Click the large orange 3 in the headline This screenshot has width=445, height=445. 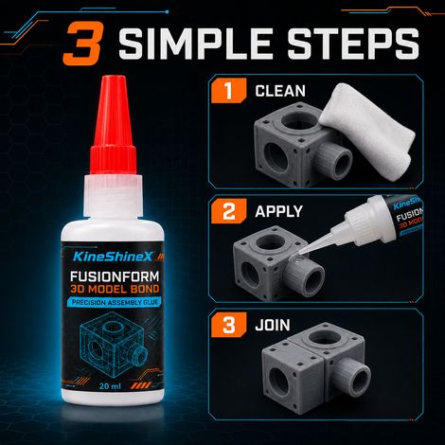coord(83,44)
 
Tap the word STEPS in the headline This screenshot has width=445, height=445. coord(353,44)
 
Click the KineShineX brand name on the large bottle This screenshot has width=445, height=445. coord(113,257)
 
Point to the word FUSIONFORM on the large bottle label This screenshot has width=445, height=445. coord(115,276)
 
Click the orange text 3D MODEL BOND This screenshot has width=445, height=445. coord(115,289)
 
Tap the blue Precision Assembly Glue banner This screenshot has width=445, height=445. coord(115,302)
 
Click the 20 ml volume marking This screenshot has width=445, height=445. coord(110,386)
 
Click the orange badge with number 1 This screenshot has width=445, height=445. coord(228,91)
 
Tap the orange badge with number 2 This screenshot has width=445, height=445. coord(228,211)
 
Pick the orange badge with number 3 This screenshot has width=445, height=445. coord(228,325)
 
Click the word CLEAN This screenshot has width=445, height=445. coord(280,91)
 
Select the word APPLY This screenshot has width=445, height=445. coord(278,211)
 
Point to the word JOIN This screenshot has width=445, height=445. coord(273,325)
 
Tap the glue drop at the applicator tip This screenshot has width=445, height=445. coord(297,258)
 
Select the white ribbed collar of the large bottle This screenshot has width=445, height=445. coord(113,196)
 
